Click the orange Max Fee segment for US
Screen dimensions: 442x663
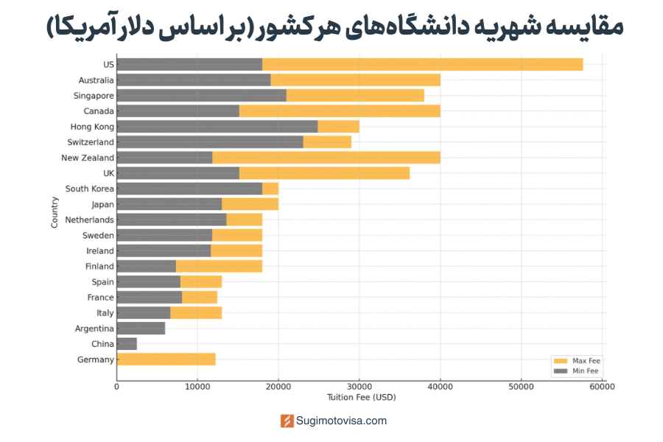422,64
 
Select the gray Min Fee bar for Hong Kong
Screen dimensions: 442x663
217,127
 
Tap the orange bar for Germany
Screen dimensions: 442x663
166,359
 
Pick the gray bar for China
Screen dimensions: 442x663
127,344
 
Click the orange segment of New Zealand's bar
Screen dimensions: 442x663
326,158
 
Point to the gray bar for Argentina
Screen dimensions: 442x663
141,329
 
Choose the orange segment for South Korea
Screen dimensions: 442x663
270,189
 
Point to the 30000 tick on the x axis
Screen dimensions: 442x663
359,386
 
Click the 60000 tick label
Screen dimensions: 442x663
601,386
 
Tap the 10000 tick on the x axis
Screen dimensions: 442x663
197,386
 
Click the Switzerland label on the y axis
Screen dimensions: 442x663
91,142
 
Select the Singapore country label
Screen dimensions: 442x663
94,96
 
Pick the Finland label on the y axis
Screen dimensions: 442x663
99,267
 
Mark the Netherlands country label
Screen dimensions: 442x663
89,220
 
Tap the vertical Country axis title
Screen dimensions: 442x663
55,212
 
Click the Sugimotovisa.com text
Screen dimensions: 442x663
341,421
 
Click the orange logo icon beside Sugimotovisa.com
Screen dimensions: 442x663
287,421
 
